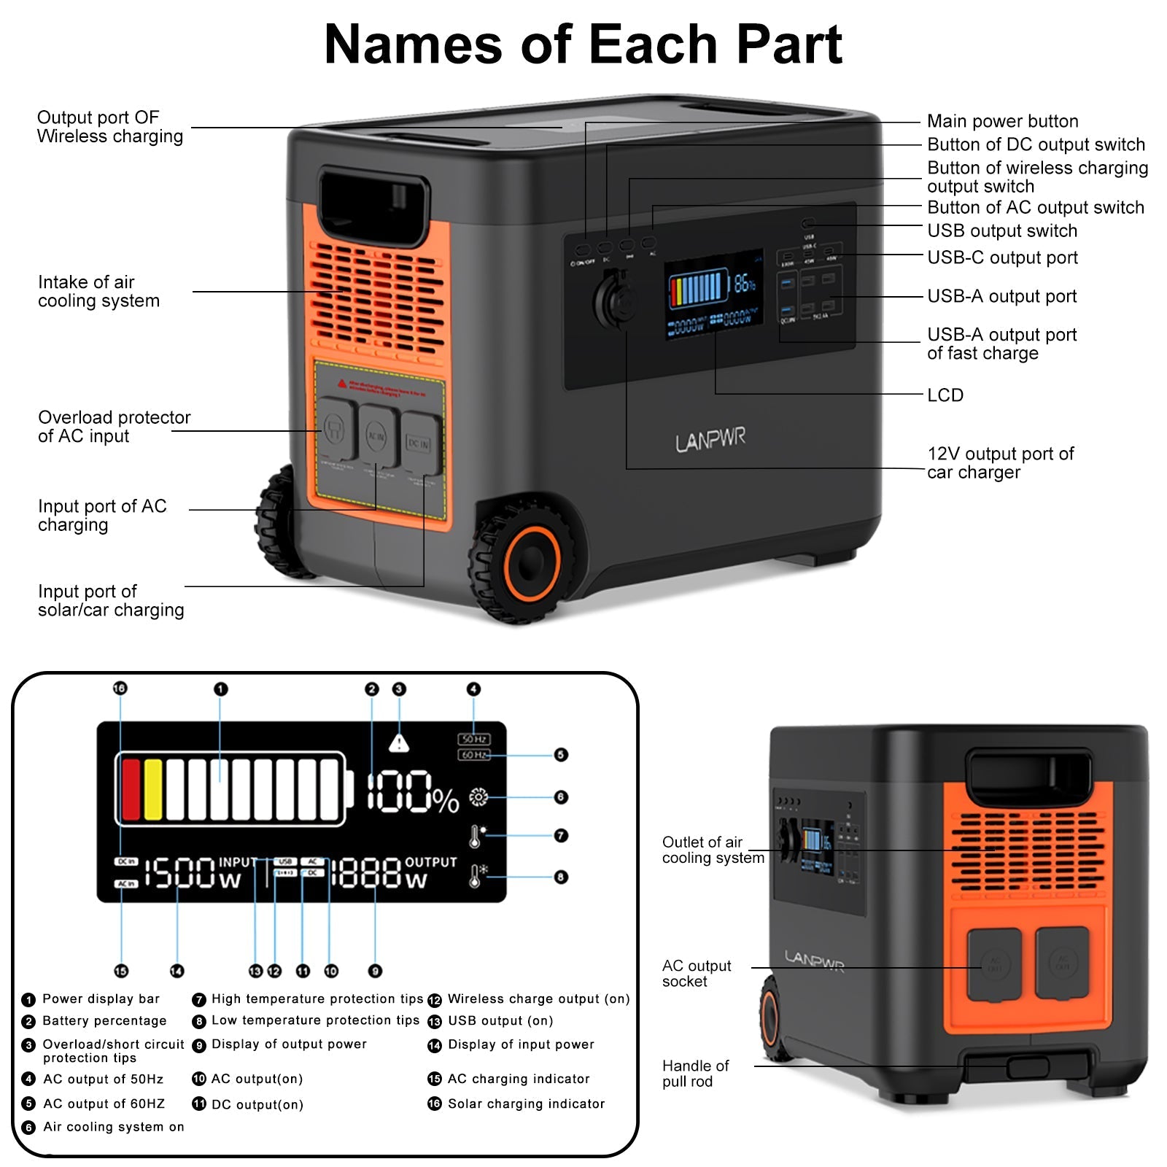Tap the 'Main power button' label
point(1002,121)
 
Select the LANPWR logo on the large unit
point(710,440)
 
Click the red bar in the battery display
point(131,789)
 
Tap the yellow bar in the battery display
point(153,789)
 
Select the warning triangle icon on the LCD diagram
point(399,743)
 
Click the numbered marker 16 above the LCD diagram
point(120,688)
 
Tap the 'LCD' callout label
point(945,395)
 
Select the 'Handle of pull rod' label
point(695,1074)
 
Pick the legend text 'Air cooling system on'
point(113,1127)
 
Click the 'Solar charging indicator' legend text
point(526,1104)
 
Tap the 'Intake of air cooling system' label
point(98,292)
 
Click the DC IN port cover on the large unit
point(419,443)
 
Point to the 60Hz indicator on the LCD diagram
point(473,755)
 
